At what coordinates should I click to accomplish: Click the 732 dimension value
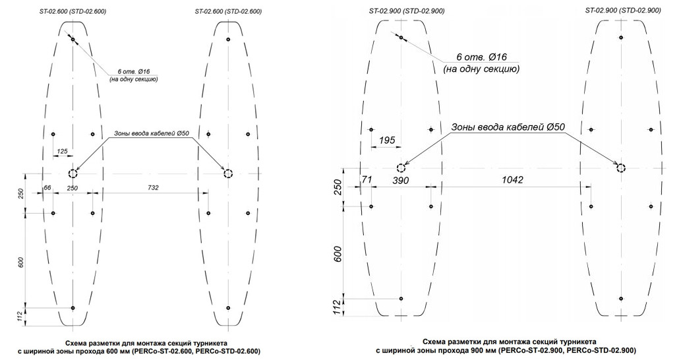(153, 188)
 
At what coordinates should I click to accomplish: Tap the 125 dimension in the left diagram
(63, 152)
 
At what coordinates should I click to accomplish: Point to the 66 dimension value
(47, 188)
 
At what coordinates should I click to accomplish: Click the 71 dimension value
(367, 180)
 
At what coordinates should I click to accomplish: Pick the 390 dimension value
(400, 181)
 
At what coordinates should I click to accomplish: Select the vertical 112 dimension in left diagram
(21, 317)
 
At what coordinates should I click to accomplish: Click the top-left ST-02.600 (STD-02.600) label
(73, 12)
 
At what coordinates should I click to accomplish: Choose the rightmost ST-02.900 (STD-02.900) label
(623, 11)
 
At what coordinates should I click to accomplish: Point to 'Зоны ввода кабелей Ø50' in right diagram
(508, 127)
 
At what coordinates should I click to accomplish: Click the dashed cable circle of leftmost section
(73, 173)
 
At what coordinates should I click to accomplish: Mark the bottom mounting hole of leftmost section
(73, 308)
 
